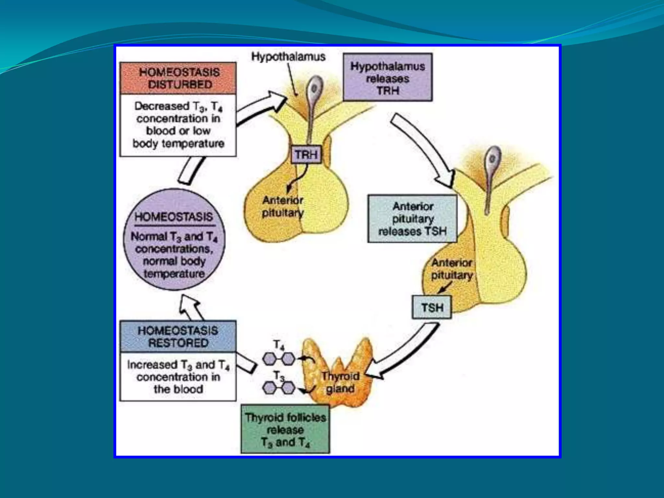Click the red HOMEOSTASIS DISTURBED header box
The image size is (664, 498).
click(x=178, y=78)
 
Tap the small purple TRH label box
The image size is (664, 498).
click(x=306, y=155)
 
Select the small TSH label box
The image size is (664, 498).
click(x=432, y=307)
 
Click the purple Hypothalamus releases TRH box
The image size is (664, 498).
click(x=387, y=78)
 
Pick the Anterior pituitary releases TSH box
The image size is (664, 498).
click(x=412, y=219)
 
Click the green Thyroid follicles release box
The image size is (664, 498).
click(x=285, y=429)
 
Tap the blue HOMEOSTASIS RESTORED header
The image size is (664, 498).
click(x=178, y=337)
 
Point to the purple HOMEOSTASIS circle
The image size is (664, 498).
click(x=174, y=240)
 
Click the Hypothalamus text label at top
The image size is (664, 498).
click(x=288, y=57)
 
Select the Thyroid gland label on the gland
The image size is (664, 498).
click(x=340, y=382)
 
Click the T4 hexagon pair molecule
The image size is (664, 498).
click(x=279, y=359)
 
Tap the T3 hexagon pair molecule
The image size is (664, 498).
click(x=279, y=387)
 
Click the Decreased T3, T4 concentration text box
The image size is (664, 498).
click(x=178, y=125)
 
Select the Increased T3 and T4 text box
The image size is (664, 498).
click(x=178, y=377)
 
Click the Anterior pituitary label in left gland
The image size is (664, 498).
click(x=283, y=207)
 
